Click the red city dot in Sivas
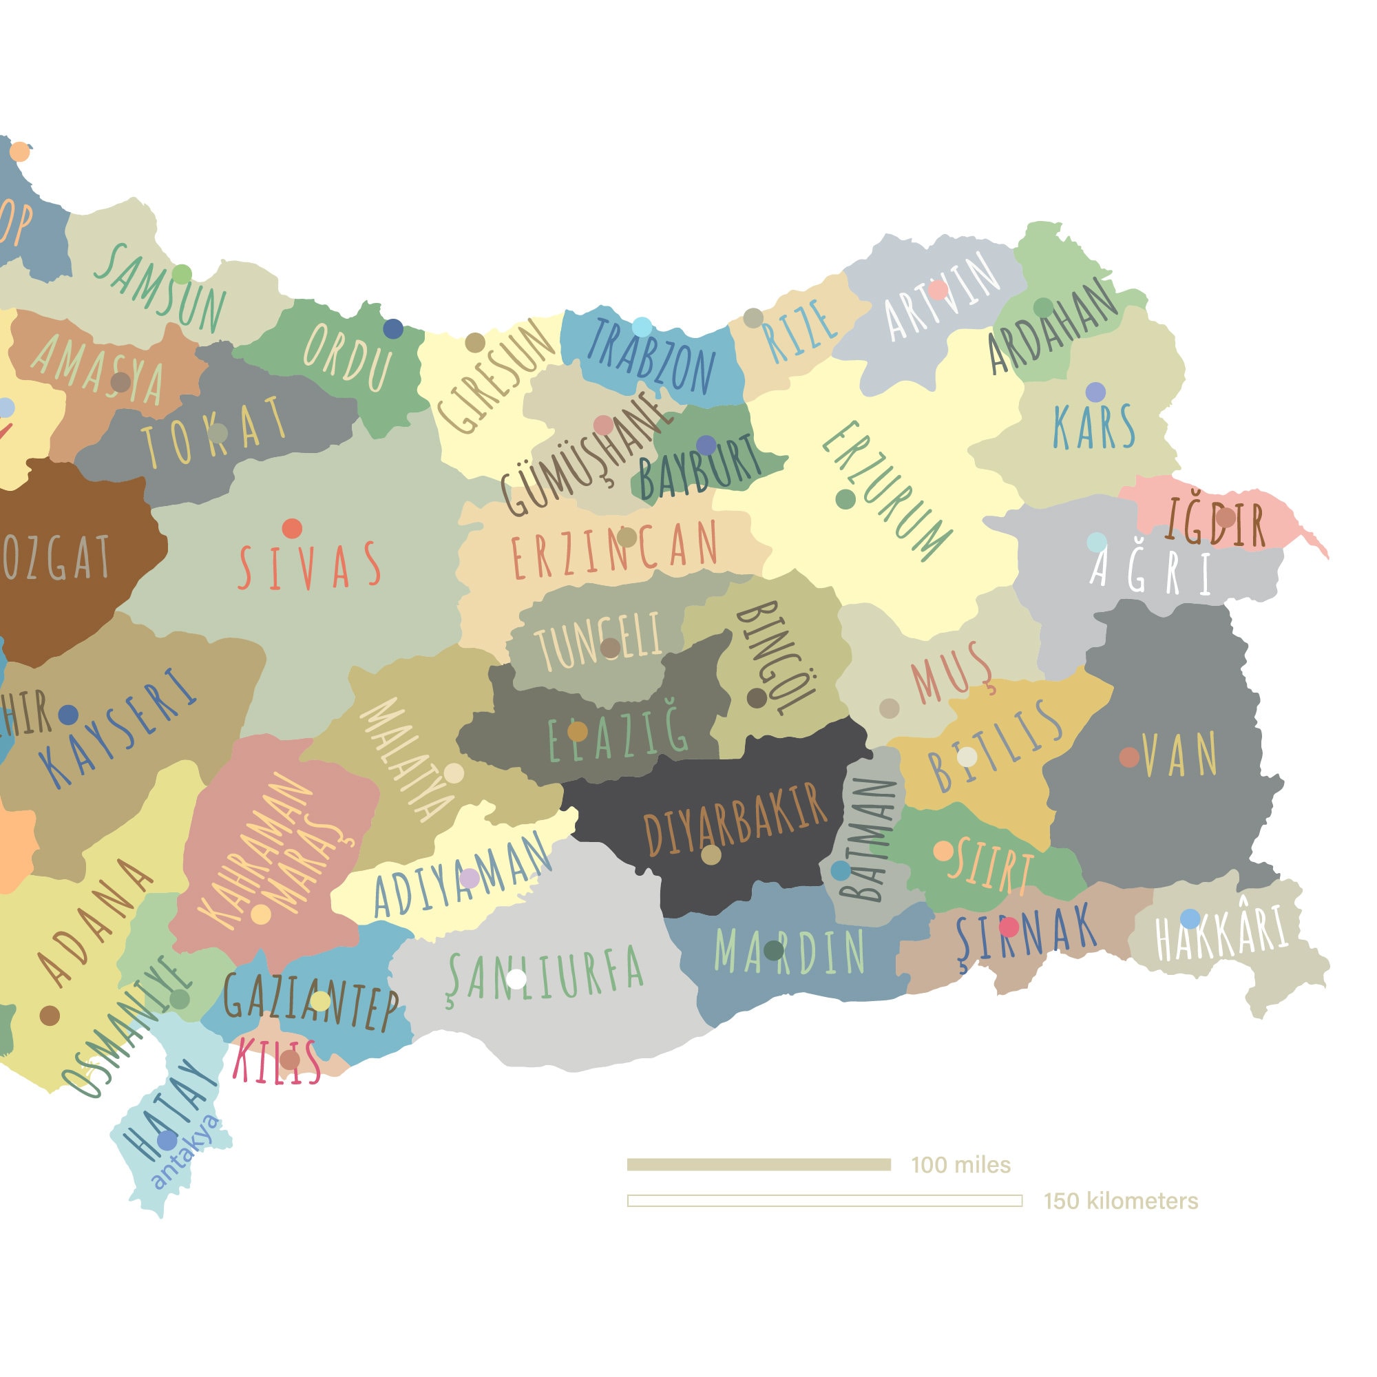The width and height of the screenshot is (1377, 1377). click(x=292, y=528)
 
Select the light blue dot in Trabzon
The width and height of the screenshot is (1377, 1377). click(x=642, y=327)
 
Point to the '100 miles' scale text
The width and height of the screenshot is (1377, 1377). click(x=960, y=1165)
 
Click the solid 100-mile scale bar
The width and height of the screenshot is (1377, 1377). click(x=758, y=1165)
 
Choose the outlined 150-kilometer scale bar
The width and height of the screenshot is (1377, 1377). click(x=825, y=1201)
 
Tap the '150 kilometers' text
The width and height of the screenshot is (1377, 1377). click(x=1120, y=1201)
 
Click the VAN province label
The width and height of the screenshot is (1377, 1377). click(x=1180, y=755)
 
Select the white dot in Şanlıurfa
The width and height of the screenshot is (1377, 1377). click(x=516, y=978)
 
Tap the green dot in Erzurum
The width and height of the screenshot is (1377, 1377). click(x=845, y=499)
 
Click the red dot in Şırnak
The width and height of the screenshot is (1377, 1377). click(x=1009, y=927)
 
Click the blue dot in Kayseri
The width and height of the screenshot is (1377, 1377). click(x=67, y=714)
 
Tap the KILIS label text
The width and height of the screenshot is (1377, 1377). click(x=276, y=1062)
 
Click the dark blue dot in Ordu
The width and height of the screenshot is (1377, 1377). click(x=392, y=328)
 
